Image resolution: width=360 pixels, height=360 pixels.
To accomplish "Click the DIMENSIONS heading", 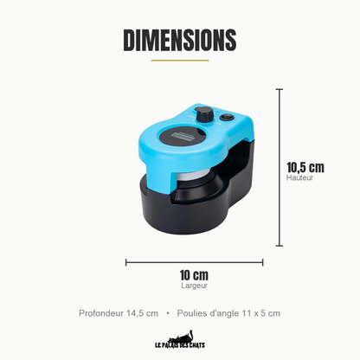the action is coord(180,40).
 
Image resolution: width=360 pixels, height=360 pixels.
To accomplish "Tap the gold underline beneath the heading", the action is coord(180,61).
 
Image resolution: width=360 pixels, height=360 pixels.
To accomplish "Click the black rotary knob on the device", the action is coord(205,115).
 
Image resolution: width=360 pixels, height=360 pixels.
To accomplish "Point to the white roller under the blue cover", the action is coord(190,176).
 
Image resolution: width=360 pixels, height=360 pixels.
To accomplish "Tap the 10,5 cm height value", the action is coord(305,168).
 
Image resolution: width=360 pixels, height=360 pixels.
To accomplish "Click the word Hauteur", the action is coord(299,177).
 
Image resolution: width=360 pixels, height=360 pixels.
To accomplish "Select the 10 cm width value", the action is coord(194,275).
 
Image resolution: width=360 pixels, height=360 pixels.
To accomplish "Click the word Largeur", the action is coord(194,286).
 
